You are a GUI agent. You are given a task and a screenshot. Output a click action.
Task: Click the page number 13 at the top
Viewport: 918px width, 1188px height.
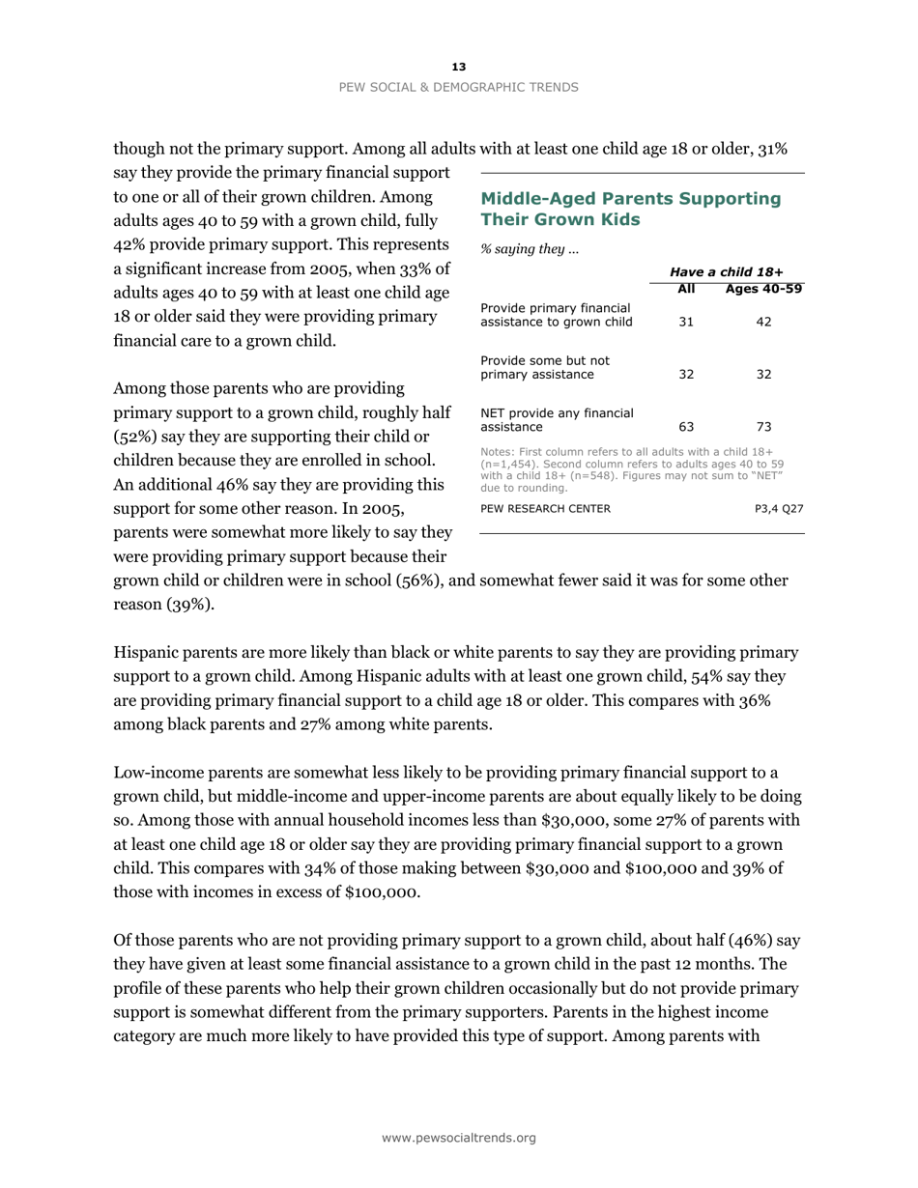coord(459,67)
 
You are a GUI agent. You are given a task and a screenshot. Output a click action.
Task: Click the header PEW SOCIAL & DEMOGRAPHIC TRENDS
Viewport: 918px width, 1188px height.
coord(459,87)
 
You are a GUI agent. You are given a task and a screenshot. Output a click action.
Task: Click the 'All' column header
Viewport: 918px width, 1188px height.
coord(686,290)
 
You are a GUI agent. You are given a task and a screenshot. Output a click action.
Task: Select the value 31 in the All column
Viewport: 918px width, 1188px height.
coord(686,322)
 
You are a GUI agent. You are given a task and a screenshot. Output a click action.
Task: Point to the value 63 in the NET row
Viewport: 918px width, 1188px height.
coord(686,425)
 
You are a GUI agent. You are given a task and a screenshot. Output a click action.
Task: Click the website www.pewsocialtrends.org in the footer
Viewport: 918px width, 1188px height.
coord(459,1138)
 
